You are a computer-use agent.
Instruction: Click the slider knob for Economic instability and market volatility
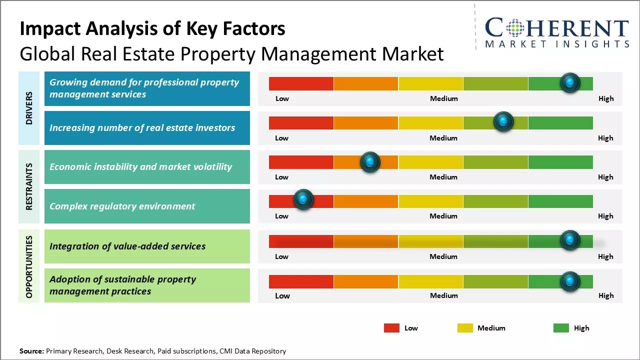click(x=370, y=162)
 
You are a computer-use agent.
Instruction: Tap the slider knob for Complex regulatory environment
click(x=303, y=199)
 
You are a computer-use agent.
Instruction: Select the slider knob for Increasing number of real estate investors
click(x=503, y=121)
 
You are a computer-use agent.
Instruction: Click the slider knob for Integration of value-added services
click(x=570, y=240)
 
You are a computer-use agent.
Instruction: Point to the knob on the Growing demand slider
click(x=570, y=82)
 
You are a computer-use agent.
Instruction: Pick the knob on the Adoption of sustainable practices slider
click(x=570, y=281)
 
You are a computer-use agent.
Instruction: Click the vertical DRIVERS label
click(x=29, y=108)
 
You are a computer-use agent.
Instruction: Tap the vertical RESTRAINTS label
click(x=29, y=186)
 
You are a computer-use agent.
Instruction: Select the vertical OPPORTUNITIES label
click(x=29, y=266)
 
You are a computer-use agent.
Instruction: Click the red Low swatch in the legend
click(x=391, y=328)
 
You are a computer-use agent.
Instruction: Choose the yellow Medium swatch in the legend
click(x=465, y=328)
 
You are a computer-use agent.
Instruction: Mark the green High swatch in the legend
click(x=561, y=328)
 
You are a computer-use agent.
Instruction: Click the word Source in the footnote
click(x=31, y=351)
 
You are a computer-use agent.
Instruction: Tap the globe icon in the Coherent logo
click(x=514, y=28)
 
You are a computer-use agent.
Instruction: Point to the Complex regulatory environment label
click(x=122, y=206)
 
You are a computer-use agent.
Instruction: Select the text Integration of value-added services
click(x=127, y=246)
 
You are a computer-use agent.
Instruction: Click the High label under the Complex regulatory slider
click(x=605, y=216)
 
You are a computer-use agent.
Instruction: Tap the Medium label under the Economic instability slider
click(x=443, y=177)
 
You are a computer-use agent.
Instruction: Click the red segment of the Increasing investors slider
click(x=301, y=122)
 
